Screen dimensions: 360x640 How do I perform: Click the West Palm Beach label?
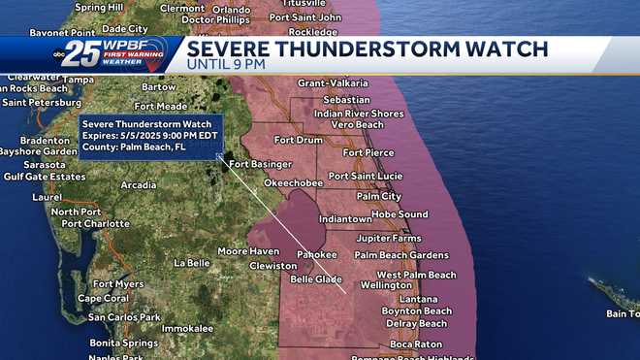coord(416,275)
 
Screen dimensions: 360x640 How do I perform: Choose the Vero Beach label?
coord(357,125)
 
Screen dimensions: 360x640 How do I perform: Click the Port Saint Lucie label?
coord(365,176)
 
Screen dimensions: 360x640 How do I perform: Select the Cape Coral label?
coord(103,299)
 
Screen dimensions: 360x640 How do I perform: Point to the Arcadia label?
coord(139,184)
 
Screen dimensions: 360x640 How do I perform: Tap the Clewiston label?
coord(273,265)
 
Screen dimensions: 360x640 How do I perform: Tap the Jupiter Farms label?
coord(389,238)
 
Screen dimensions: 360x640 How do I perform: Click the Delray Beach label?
coord(416,323)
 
